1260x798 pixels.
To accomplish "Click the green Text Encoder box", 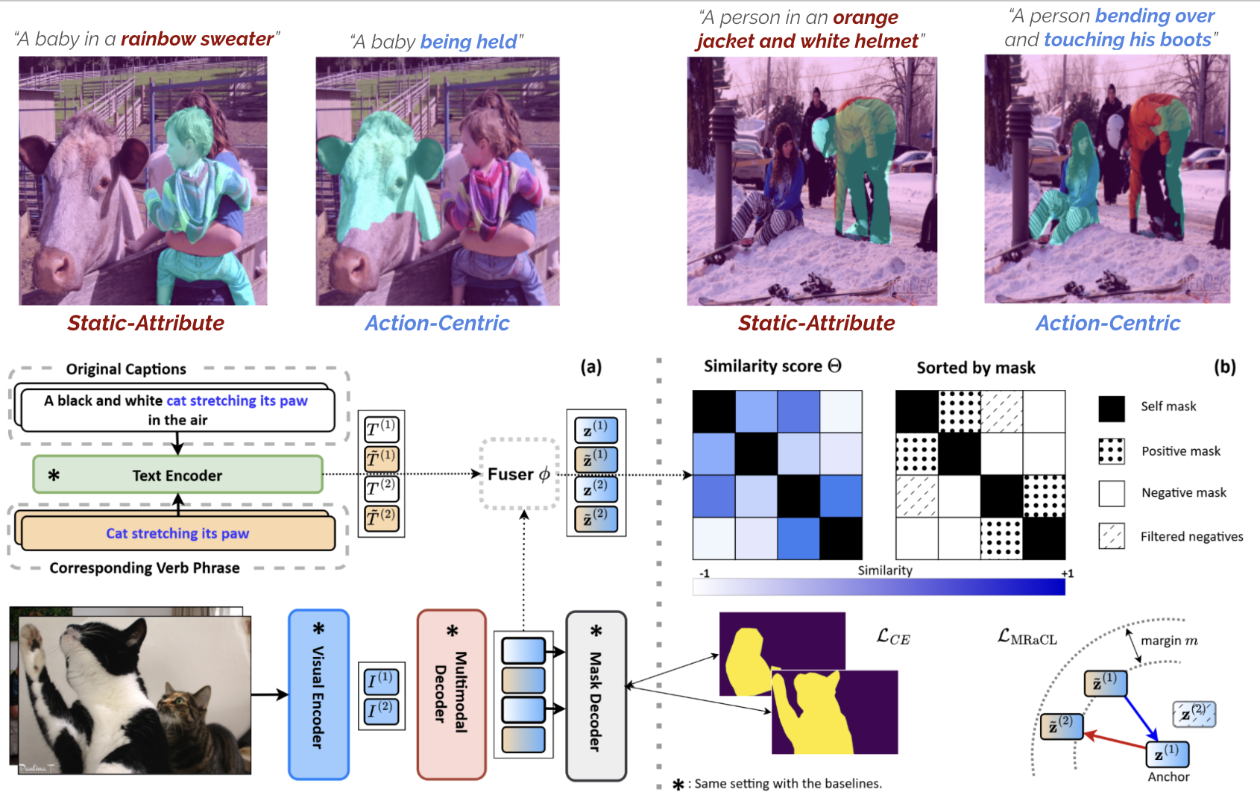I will tap(177, 475).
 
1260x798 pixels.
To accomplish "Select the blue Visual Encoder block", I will tap(318, 695).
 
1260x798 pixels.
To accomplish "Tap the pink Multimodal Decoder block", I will tap(451, 695).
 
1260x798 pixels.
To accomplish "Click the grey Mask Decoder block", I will tap(596, 696).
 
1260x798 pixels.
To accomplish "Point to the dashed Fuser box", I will tap(519, 474).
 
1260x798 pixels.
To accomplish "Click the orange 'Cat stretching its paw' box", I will tap(177, 533).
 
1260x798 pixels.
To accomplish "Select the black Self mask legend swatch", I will tap(1112, 408).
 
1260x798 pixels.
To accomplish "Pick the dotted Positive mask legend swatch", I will tap(1112, 451).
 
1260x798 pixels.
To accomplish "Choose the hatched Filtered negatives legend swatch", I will tap(1112, 536).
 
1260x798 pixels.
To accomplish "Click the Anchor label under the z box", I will tap(1168, 776).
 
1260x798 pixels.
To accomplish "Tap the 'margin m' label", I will tap(1169, 641).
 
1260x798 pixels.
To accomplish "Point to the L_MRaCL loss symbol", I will tap(1027, 638).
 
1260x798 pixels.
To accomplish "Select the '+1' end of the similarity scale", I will tap(1067, 574).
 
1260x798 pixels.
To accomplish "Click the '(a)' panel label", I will tap(590, 367).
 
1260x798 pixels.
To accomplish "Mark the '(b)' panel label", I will tap(1224, 367).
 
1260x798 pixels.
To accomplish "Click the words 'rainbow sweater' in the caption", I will tap(197, 39).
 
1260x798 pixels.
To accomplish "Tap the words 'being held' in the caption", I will tap(468, 42).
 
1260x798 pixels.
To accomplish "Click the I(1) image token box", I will tap(382, 681).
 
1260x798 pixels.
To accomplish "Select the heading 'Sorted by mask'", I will tap(975, 368).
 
